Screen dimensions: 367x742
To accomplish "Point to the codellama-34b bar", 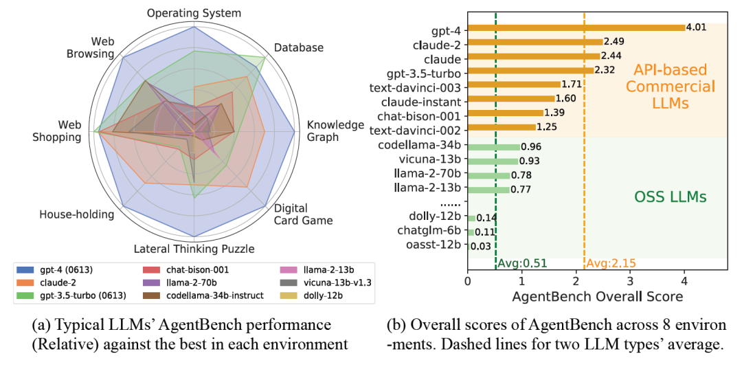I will [x=493, y=146].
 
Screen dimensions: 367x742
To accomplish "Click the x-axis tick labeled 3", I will [x=629, y=280].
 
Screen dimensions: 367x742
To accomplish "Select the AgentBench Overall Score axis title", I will [x=597, y=296].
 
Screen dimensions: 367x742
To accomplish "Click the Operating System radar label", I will [x=194, y=13].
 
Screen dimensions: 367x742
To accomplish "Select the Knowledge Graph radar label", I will [x=335, y=131].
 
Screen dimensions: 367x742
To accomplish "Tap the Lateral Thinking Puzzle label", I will [x=194, y=248].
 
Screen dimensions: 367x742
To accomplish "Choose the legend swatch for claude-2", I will [x=26, y=282].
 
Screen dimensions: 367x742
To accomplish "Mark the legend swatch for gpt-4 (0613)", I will [x=26, y=269].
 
